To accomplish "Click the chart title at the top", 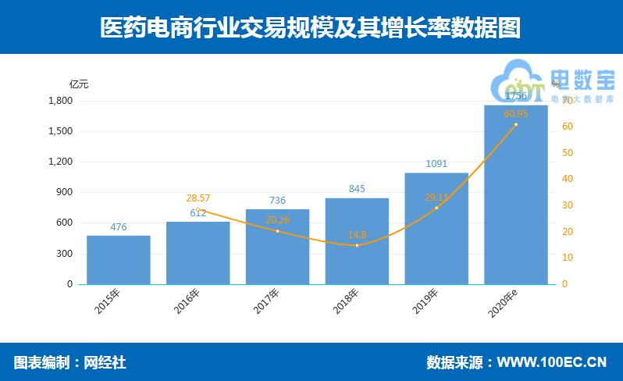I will [x=311, y=27].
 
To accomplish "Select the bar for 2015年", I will [x=118, y=260].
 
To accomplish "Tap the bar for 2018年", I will [x=357, y=241].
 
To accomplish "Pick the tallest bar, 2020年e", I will [x=516, y=195].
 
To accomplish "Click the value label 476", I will [x=119, y=227].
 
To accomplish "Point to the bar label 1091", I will [x=436, y=164].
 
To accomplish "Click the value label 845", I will [x=357, y=189].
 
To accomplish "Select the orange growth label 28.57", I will [x=198, y=199].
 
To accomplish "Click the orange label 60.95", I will [x=516, y=114].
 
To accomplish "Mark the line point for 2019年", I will [x=436, y=208].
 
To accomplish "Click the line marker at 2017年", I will [x=277, y=231].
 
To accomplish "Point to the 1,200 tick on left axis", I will [x=60, y=162].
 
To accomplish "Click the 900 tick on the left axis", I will [x=64, y=192].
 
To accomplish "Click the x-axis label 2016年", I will [x=187, y=302].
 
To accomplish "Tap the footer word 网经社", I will [x=105, y=362].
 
